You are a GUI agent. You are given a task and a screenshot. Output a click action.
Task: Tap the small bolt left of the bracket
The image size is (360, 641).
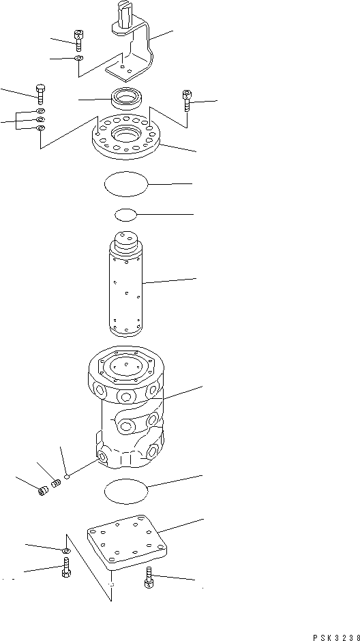[x=79, y=40]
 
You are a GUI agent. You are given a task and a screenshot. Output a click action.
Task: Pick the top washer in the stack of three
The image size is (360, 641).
[x=41, y=110]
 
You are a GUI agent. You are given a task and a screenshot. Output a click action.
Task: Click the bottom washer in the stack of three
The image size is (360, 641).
[x=41, y=128]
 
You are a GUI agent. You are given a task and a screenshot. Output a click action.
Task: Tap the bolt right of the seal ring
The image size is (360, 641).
[x=186, y=102]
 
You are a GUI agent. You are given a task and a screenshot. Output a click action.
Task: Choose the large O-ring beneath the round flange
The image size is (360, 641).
[x=125, y=183]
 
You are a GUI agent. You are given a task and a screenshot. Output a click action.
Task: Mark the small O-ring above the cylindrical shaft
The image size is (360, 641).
[x=126, y=215]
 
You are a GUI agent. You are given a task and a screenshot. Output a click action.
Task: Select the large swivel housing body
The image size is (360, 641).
[x=126, y=409]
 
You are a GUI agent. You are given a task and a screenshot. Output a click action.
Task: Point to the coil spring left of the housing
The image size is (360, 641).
[x=57, y=483]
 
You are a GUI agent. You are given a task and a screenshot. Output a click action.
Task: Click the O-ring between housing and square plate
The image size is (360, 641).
[x=126, y=490]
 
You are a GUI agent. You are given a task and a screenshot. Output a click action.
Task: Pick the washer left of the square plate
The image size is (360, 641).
[x=65, y=550]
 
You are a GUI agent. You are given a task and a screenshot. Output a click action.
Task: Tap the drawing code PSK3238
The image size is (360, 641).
[x=335, y=637]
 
